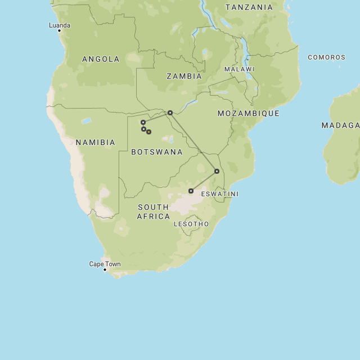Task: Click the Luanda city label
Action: [60, 25]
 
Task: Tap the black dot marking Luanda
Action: [59, 30]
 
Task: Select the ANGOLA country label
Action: [101, 59]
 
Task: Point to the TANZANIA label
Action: [249, 7]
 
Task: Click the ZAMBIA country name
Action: [184, 76]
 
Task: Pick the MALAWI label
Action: [240, 69]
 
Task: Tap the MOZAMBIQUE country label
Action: [249, 114]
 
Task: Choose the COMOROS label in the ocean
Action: [326, 57]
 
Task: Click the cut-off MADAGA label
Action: [340, 125]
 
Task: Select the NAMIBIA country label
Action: [96, 142]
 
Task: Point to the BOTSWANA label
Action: [157, 152]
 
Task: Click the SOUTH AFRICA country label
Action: [154, 211]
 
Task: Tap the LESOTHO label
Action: [191, 224]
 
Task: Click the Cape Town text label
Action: [105, 264]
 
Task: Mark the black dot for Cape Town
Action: [105, 269]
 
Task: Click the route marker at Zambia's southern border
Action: [170, 112]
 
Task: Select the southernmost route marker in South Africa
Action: [191, 191]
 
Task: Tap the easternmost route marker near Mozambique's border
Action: [217, 171]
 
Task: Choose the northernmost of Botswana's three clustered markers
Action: [143, 122]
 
